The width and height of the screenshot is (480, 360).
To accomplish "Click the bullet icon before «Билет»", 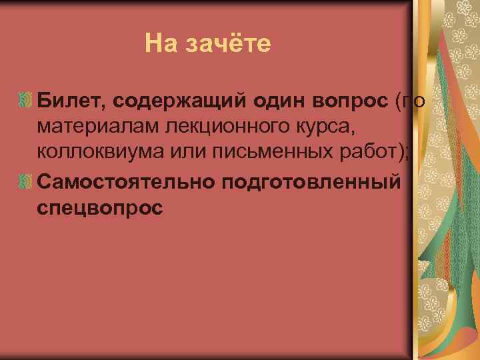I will coord(25,101).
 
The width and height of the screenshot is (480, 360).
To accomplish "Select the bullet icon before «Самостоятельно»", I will coord(25,182).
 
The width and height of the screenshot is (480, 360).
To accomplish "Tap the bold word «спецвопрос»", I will coord(100,208).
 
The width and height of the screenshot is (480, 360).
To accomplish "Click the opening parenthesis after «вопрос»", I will coord(399,101).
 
